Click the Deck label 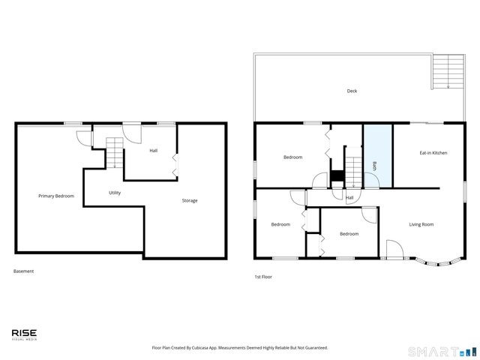coord(352,91)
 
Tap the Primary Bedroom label coord(56,196)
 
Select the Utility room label coord(115,193)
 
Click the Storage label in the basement coord(190,200)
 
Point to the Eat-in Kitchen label coord(433,153)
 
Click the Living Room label coord(421,224)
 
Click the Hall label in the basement coord(153,151)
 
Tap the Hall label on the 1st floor coord(349,198)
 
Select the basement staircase coord(114,153)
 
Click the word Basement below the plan coord(23,271)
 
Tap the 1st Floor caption coord(262,277)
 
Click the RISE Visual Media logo coord(24,334)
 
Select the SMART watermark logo coord(441,351)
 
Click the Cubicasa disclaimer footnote coord(240,347)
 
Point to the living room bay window coord(436,262)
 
